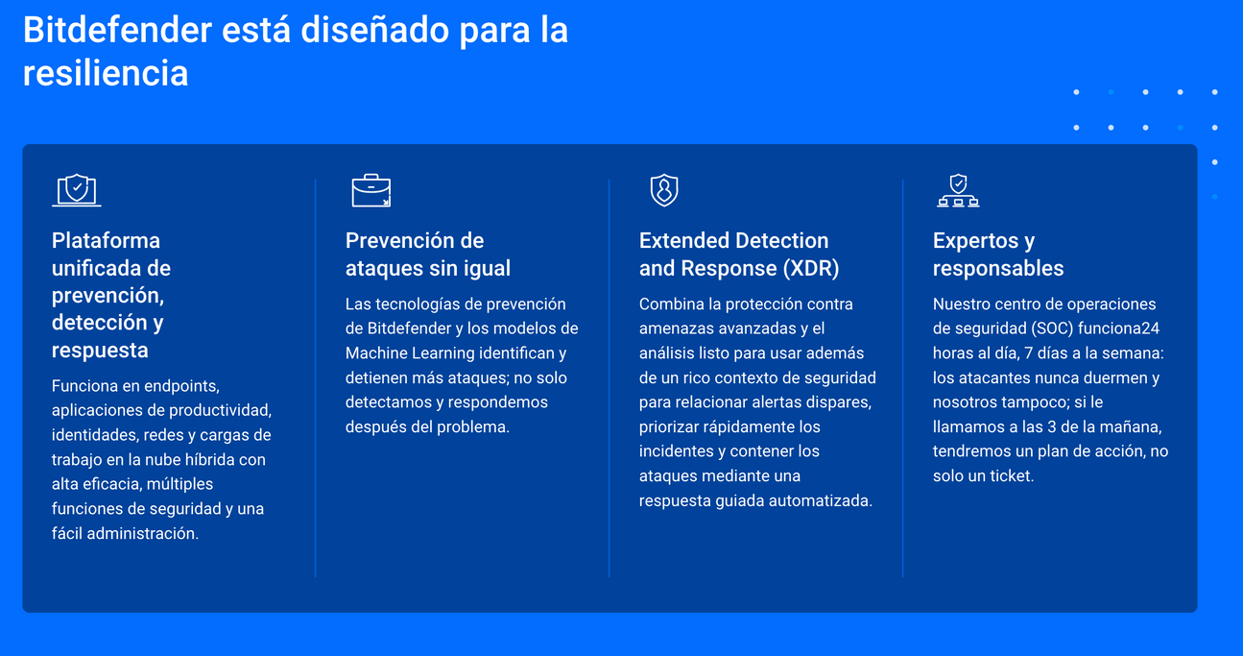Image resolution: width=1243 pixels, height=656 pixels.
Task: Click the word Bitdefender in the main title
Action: (x=117, y=30)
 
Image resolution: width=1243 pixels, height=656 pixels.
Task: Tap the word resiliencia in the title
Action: (x=106, y=73)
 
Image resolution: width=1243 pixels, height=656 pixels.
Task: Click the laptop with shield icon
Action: (x=77, y=190)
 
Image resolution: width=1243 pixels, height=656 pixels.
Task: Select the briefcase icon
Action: (x=371, y=190)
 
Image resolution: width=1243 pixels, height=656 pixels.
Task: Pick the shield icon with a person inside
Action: (x=664, y=190)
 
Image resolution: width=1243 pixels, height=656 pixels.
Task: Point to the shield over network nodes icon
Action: (x=958, y=190)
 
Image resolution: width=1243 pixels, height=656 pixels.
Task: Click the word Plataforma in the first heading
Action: (x=106, y=240)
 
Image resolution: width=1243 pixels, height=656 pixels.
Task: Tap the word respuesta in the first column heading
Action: (x=100, y=351)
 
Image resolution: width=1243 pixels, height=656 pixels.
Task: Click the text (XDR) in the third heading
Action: (x=811, y=268)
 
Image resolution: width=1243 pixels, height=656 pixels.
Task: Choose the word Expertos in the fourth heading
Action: (x=975, y=240)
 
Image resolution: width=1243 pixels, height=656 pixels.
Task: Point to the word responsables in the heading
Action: (x=998, y=268)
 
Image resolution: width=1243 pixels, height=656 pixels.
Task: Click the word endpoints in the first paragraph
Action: (x=182, y=386)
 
